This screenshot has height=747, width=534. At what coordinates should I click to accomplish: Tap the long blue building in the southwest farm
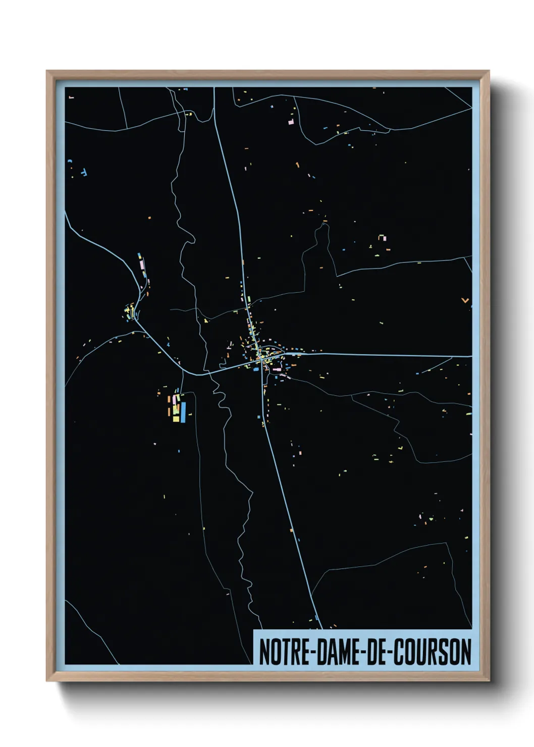click(x=183, y=411)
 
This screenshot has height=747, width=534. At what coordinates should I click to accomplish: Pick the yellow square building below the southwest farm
click(x=176, y=418)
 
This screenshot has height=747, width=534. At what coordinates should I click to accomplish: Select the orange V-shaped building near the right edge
click(x=465, y=301)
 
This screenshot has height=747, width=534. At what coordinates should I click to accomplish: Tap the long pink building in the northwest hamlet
click(x=142, y=263)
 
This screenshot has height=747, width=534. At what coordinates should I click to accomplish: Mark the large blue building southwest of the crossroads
click(x=255, y=369)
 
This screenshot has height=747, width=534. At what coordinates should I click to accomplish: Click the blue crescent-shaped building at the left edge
click(x=70, y=161)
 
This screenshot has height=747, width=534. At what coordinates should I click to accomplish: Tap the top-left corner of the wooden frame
click(x=47, y=72)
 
